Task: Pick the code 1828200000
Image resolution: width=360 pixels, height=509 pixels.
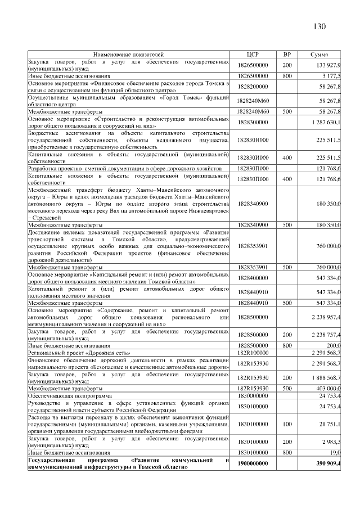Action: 253,87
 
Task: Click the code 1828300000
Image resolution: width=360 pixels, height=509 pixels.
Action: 253,121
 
